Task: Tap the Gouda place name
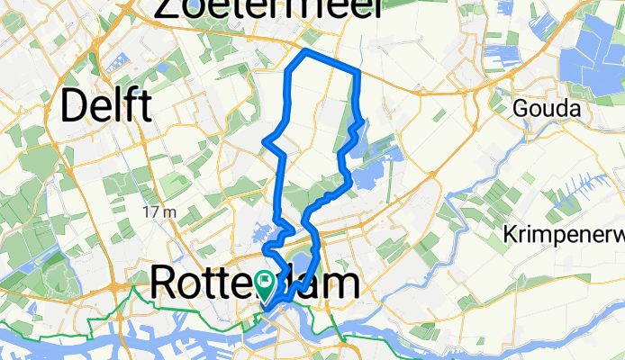click(543, 108)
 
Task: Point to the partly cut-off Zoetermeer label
click(268, 9)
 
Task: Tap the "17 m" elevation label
click(159, 211)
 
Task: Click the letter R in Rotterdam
click(163, 283)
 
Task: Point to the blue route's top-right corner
click(358, 71)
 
